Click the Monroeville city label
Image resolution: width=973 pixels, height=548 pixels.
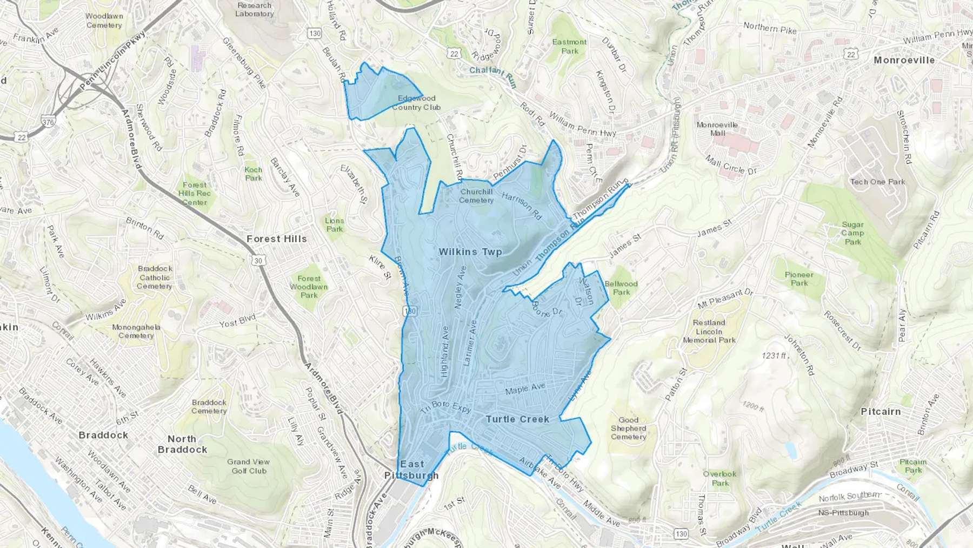(x=904, y=60)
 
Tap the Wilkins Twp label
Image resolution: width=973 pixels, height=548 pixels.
(x=470, y=252)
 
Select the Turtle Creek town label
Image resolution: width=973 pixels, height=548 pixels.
(x=517, y=419)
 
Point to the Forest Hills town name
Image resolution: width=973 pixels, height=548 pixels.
(x=276, y=239)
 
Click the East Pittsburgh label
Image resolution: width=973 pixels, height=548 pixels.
(x=411, y=470)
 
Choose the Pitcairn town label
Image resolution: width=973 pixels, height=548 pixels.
(x=881, y=412)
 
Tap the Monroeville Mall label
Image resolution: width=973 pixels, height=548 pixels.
(x=717, y=129)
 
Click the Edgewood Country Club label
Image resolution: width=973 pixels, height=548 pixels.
(x=416, y=103)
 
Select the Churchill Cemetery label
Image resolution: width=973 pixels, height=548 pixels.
(x=476, y=196)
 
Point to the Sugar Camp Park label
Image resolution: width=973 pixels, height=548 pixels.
(x=852, y=233)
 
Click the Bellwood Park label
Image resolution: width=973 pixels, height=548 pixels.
(x=621, y=288)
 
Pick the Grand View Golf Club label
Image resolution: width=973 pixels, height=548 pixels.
(x=249, y=466)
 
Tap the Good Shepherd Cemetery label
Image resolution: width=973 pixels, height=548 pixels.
(x=628, y=428)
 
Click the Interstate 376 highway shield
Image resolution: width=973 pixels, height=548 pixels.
(x=48, y=122)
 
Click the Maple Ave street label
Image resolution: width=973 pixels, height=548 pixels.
(x=525, y=388)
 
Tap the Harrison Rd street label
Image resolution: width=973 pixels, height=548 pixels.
(x=521, y=206)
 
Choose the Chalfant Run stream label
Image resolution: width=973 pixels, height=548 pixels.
(x=492, y=76)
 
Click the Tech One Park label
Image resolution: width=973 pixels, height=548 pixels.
(x=877, y=182)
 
